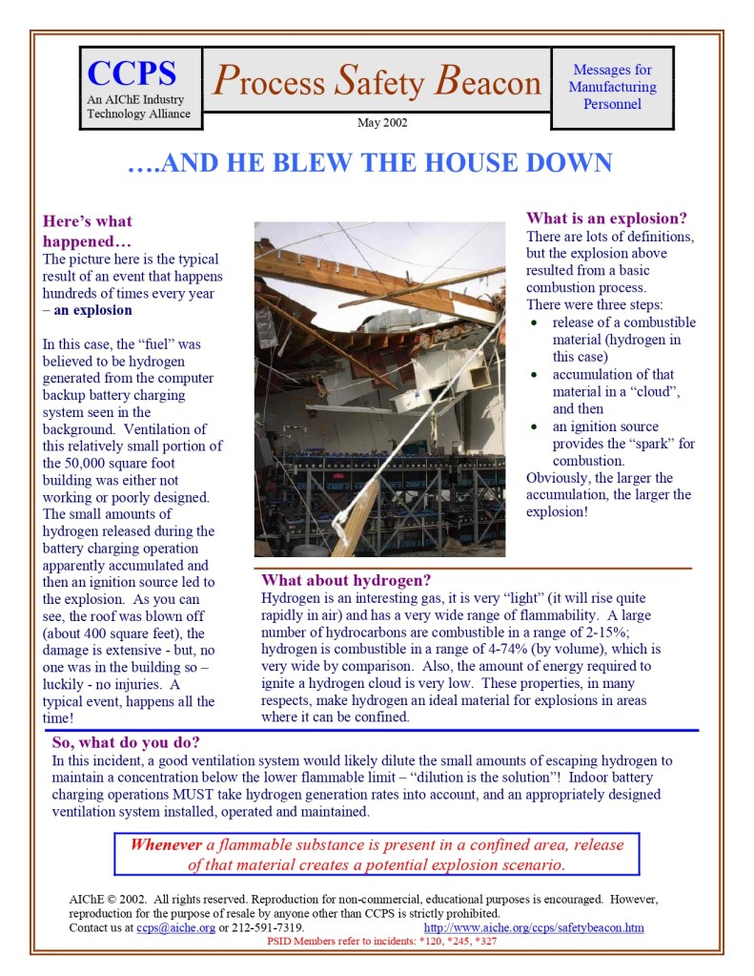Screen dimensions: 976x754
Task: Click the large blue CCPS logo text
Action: click(x=132, y=73)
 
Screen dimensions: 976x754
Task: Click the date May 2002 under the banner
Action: click(x=382, y=122)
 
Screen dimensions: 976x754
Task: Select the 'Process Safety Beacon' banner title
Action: click(x=377, y=82)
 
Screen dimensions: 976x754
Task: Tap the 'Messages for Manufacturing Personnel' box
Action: click(x=612, y=87)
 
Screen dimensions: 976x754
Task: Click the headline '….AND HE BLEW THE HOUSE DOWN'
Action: click(x=370, y=163)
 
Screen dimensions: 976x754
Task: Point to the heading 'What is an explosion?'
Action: click(x=606, y=218)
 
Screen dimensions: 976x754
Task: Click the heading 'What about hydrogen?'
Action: click(x=346, y=580)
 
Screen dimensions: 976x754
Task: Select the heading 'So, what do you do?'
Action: click(x=126, y=742)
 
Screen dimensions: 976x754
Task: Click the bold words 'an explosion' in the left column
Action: click(x=93, y=310)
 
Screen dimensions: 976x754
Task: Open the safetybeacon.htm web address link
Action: click(x=533, y=927)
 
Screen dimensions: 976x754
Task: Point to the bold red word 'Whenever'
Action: click(x=166, y=845)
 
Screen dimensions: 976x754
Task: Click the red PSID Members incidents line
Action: click(x=381, y=941)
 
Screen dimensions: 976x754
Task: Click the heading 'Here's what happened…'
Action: click(x=88, y=231)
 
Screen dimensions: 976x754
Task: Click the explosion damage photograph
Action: click(x=379, y=389)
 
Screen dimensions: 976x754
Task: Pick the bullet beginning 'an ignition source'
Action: click(x=605, y=426)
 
